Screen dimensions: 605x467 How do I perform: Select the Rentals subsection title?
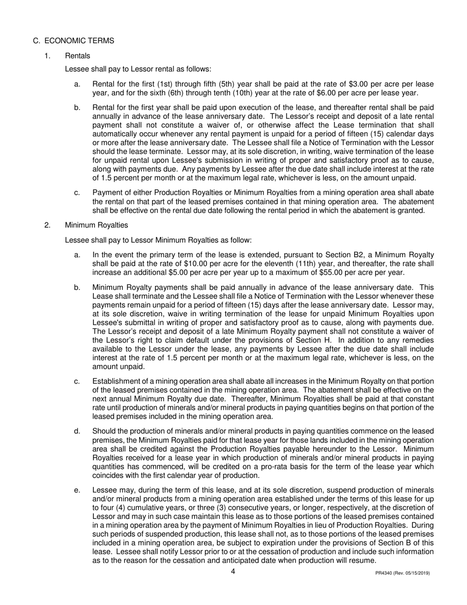77,56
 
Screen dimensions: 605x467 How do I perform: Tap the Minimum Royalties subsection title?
96,225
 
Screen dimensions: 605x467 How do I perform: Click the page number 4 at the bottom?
233,572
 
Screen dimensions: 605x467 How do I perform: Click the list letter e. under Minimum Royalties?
77,490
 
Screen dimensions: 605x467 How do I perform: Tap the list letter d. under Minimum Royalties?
77,431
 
